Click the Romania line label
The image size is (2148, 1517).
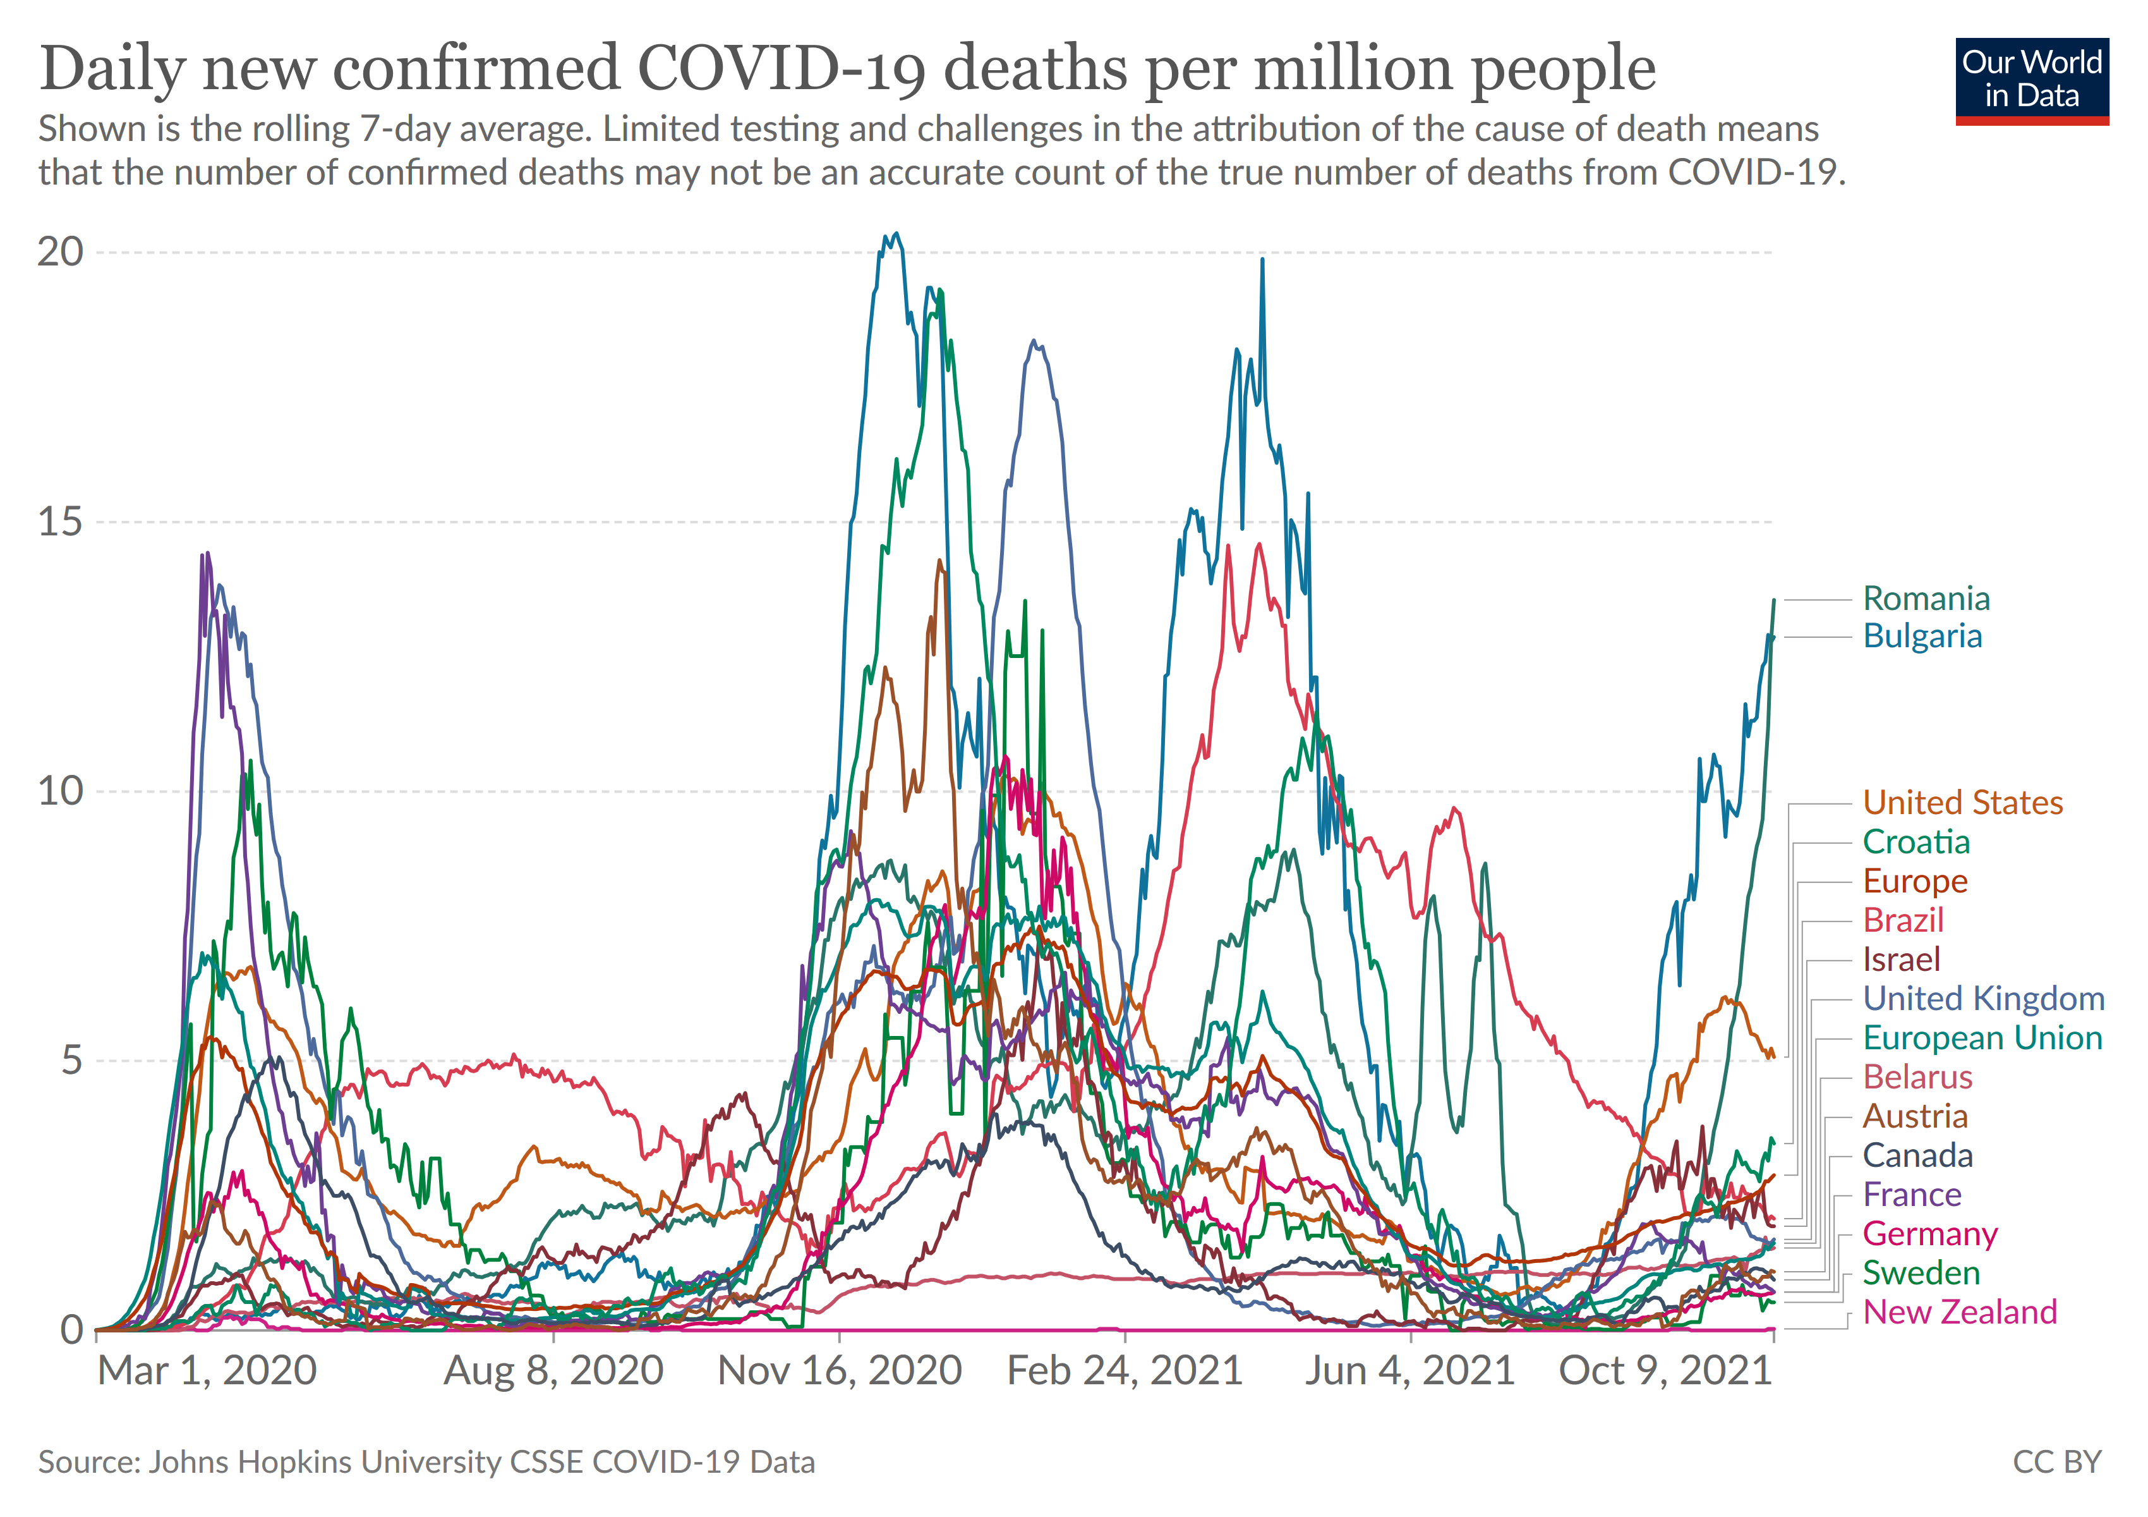[x=1926, y=598]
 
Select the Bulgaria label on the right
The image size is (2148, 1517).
[x=1922, y=637]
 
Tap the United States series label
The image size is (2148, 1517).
[x=1962, y=803]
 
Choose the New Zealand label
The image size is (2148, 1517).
[x=1959, y=1312]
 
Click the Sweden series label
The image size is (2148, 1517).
[x=1921, y=1273]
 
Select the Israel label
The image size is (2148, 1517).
[x=1901, y=960]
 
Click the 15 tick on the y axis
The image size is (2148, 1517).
[x=60, y=521]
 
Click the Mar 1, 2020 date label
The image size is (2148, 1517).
[x=207, y=1371]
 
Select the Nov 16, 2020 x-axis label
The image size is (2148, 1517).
[x=839, y=1371]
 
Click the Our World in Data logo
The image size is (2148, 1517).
[x=2031, y=80]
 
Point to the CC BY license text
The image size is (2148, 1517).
[x=2056, y=1462]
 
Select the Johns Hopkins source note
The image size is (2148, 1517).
[x=426, y=1462]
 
